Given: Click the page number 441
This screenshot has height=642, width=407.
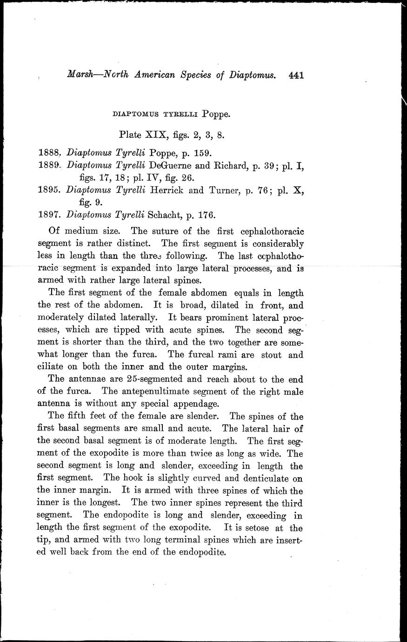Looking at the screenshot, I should pyautogui.click(x=296, y=75).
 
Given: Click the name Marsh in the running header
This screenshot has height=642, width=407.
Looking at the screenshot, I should pyautogui.click(x=80, y=74).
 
